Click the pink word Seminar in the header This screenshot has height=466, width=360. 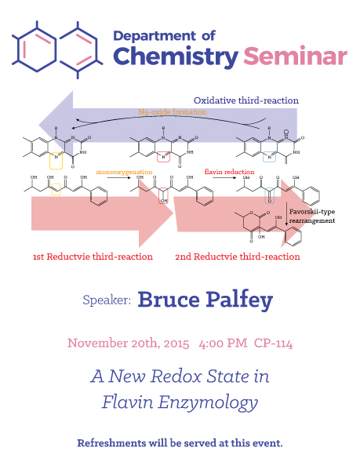[295, 56]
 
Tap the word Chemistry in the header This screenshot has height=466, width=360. [176, 57]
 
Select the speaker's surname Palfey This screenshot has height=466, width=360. [239, 300]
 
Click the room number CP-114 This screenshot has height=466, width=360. [273, 344]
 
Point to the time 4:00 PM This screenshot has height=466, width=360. [223, 344]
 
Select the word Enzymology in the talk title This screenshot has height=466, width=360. [208, 402]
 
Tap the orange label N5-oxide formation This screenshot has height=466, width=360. [173, 111]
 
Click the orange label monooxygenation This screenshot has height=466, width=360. [124, 172]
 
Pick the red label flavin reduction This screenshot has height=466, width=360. [229, 172]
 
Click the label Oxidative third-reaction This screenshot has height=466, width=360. [246, 100]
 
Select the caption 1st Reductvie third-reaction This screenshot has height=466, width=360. [93, 257]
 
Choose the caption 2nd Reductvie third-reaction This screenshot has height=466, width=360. [238, 257]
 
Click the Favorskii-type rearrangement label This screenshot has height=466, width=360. [312, 216]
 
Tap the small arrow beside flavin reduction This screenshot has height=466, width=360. [224, 178]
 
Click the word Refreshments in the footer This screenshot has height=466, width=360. [111, 442]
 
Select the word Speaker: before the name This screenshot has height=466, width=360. [107, 300]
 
